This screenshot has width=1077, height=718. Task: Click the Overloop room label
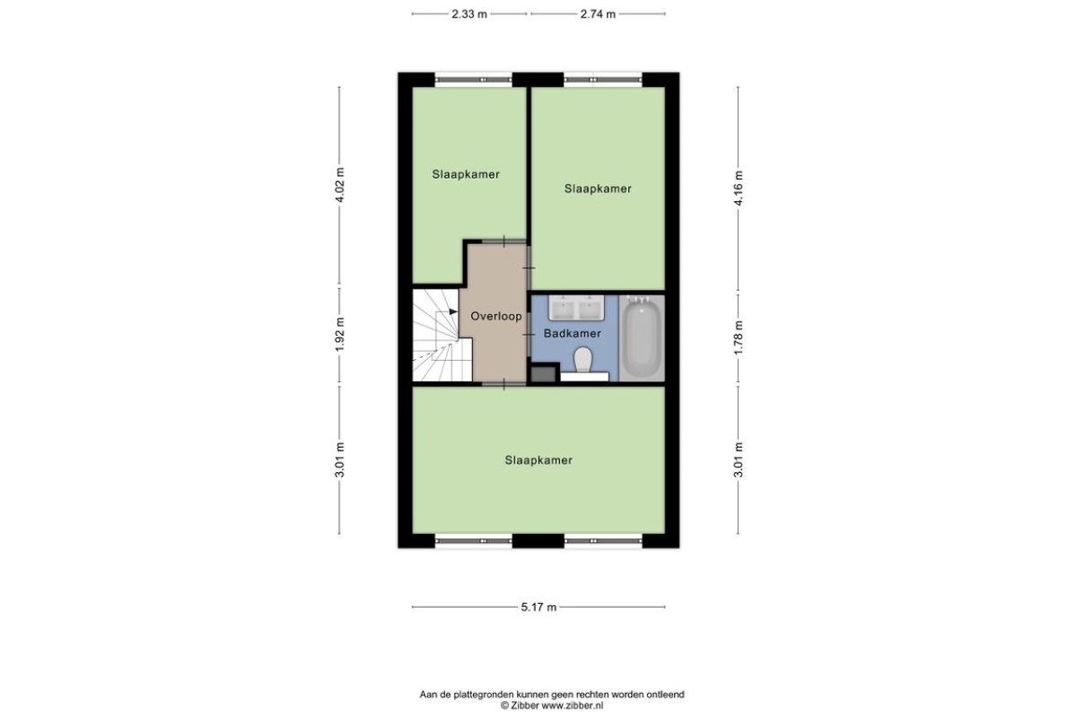[x=496, y=317]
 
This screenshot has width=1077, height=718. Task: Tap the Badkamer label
[x=573, y=333]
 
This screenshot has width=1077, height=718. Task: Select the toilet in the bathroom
[x=583, y=359]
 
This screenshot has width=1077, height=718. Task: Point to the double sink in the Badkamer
[x=576, y=308]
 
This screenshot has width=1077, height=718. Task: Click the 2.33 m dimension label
[x=469, y=14]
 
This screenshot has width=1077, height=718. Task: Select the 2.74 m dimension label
[x=598, y=14]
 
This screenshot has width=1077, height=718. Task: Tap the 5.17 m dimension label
[x=538, y=608]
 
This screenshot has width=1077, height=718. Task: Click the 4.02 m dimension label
[x=339, y=185]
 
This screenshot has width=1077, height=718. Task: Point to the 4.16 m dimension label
[x=739, y=188]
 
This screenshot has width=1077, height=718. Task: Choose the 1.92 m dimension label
[x=339, y=334]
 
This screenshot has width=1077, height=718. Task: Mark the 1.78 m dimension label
[x=739, y=337]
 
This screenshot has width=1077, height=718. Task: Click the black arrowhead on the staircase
[x=453, y=311]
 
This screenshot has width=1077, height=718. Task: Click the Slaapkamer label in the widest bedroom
[x=538, y=460]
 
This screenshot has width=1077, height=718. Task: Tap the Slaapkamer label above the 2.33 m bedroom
[x=466, y=175]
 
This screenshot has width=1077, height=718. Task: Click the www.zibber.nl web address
[x=573, y=706]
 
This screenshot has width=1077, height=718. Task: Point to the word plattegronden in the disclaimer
[x=483, y=695]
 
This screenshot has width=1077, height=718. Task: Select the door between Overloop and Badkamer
[x=530, y=334]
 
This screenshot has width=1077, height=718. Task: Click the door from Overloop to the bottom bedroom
[x=503, y=384]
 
